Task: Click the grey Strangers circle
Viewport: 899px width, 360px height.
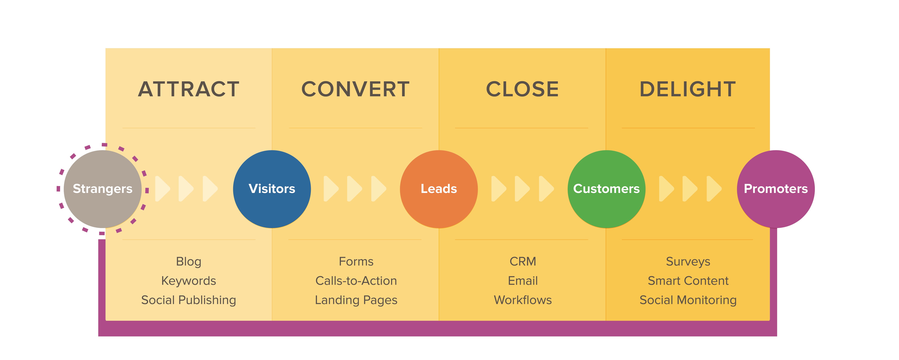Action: [103, 189]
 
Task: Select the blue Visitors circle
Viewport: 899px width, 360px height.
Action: [272, 189]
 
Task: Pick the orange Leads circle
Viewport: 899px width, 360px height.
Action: [439, 189]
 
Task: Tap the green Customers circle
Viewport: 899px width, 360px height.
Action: [606, 189]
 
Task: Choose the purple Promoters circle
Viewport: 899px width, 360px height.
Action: [776, 189]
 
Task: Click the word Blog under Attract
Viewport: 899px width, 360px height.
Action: [189, 262]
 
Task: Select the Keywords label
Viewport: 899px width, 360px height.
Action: [189, 281]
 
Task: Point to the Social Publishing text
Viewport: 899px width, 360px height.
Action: [189, 300]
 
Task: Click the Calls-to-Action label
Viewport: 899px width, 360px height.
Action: [356, 281]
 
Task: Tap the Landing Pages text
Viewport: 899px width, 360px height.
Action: [356, 300]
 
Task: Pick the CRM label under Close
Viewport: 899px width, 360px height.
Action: [522, 262]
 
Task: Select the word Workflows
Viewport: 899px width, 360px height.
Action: [522, 300]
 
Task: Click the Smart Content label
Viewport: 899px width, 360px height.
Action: [688, 281]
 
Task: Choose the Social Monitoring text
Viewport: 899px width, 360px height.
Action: [688, 300]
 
